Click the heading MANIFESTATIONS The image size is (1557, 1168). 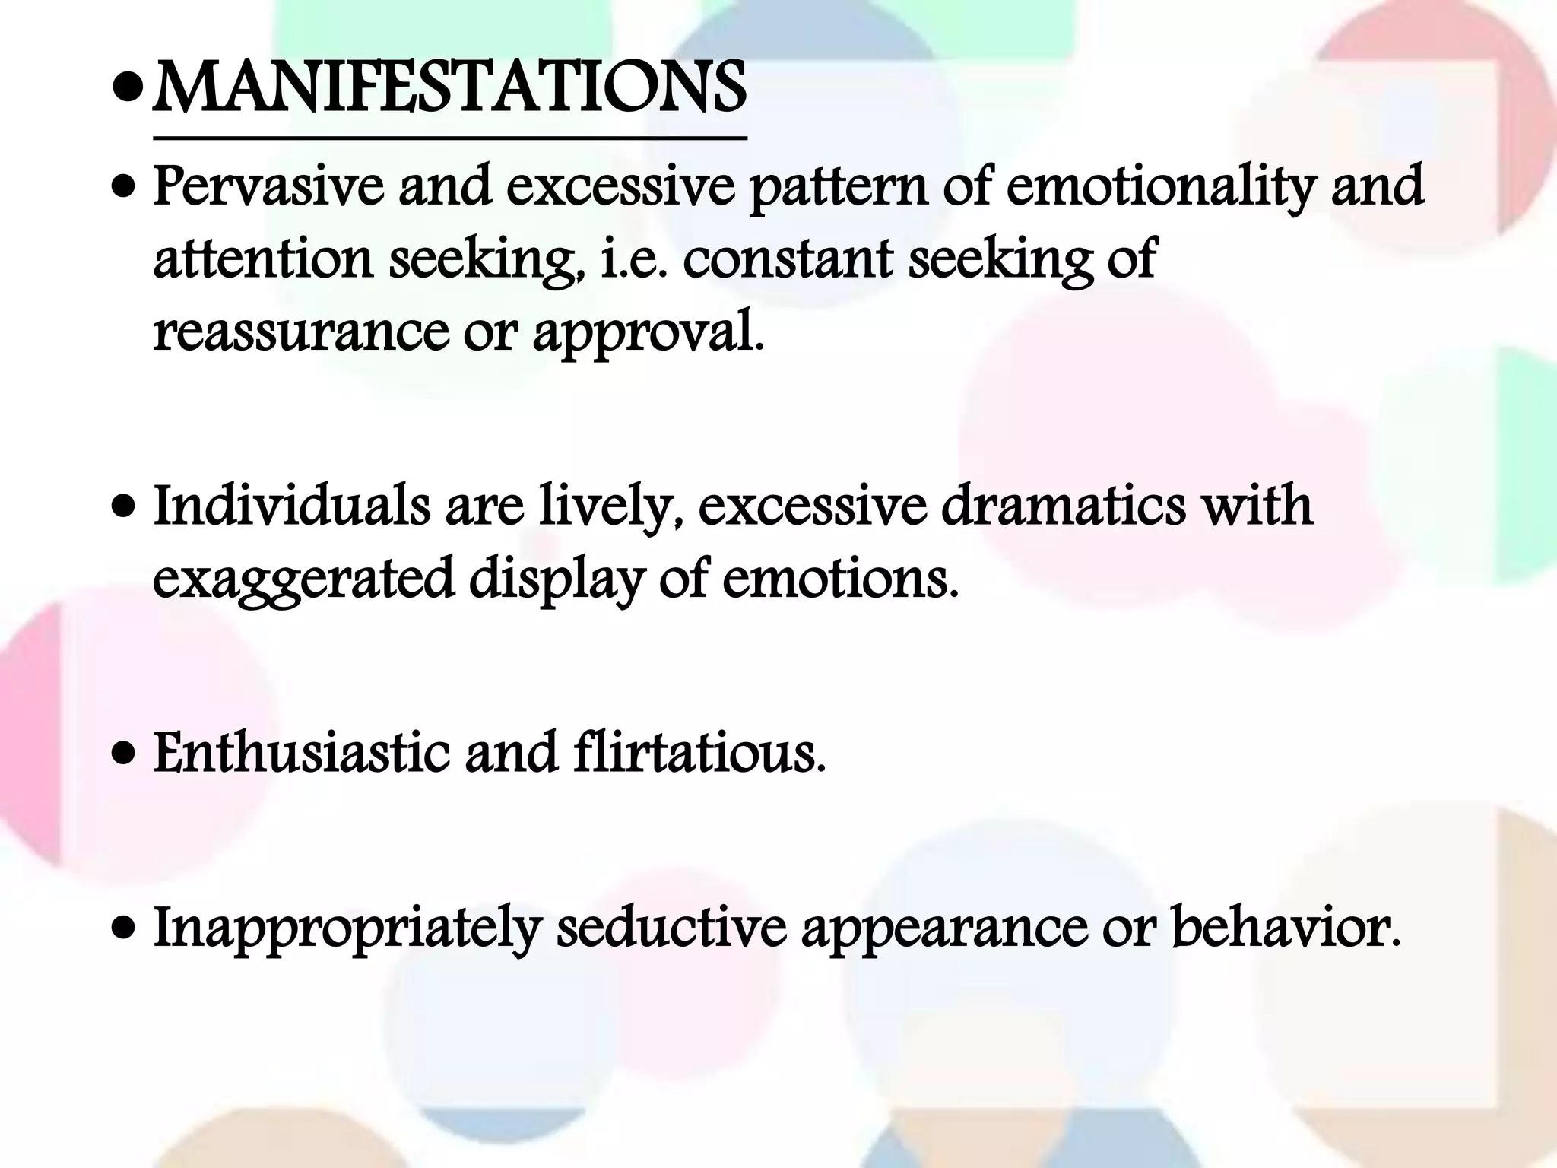pos(449,89)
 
